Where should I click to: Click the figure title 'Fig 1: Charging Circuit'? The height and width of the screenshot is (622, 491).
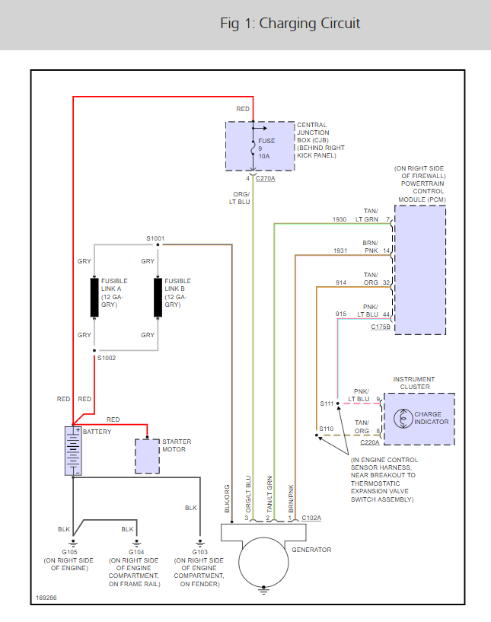pyautogui.click(x=290, y=24)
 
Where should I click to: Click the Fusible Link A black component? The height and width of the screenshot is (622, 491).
pyautogui.click(x=94, y=298)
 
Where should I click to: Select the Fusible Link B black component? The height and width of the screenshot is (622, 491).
pyautogui.click(x=158, y=298)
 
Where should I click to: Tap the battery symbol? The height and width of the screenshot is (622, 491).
pyautogui.click(x=74, y=451)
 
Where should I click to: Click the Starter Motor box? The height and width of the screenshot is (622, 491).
pyautogui.click(x=147, y=456)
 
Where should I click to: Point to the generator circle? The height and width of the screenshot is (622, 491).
pyautogui.click(x=263, y=563)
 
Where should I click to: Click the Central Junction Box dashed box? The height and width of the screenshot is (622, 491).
pyautogui.click(x=260, y=145)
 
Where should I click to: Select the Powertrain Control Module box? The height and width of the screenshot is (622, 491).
pyautogui.click(x=421, y=270)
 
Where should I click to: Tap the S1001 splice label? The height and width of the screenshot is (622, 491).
pyautogui.click(x=155, y=238)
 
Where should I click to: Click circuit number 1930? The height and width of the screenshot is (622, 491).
pyautogui.click(x=340, y=219)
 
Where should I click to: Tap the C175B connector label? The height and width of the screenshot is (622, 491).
pyautogui.click(x=381, y=327)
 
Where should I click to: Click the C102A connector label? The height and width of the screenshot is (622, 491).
pyautogui.click(x=311, y=518)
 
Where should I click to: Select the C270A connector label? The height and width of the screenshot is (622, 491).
pyautogui.click(x=266, y=178)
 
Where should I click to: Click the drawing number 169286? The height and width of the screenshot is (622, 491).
pyautogui.click(x=46, y=598)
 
